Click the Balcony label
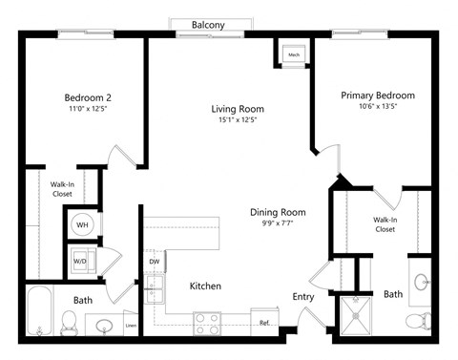tap(208, 24)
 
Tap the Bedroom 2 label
tap(87, 97)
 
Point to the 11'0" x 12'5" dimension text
tap(87, 109)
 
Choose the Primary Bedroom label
tap(378, 95)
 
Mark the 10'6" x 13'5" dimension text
tap(378, 107)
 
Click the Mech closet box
tap(293, 55)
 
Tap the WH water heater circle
tap(82, 225)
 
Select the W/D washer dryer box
tap(81, 261)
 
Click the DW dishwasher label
tap(154, 261)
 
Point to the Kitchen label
tap(206, 286)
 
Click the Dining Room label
tap(278, 212)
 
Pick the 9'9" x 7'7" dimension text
tap(278, 223)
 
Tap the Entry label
tap(303, 297)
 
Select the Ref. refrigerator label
tap(264, 324)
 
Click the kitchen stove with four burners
tap(207, 323)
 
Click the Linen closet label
tap(131, 326)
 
